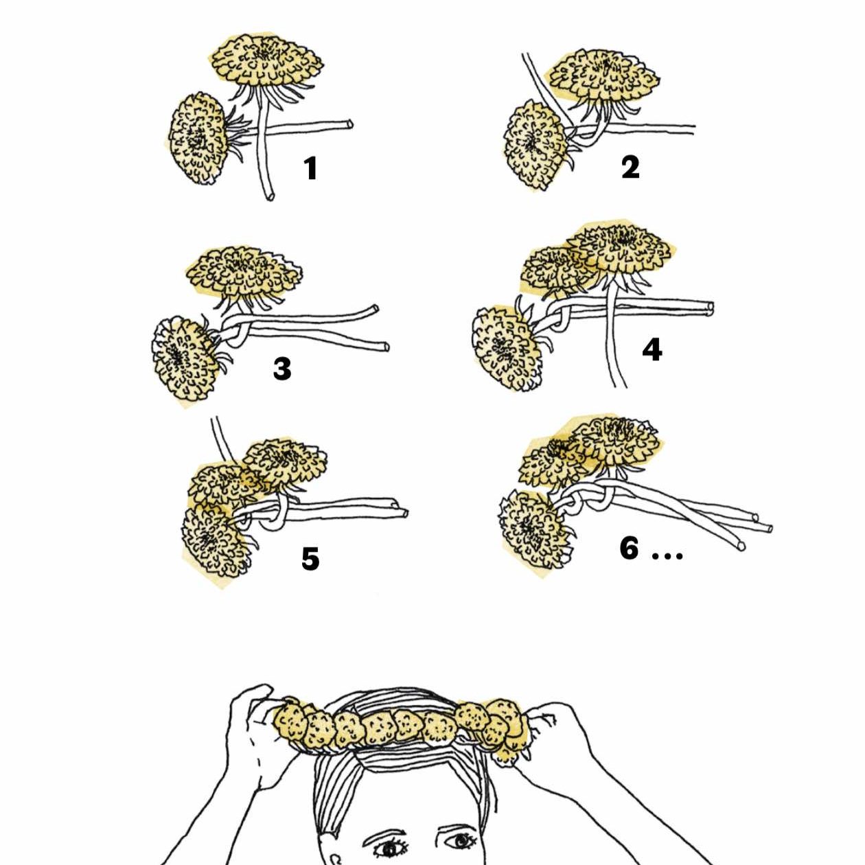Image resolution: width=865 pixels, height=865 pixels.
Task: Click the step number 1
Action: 312,169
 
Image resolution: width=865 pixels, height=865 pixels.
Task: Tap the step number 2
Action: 630,168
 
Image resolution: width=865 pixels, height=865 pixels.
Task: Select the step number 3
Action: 282,369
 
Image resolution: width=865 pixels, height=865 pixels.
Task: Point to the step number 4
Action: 651,350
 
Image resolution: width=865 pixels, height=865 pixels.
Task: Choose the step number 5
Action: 310,560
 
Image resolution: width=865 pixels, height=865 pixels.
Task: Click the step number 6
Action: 629,548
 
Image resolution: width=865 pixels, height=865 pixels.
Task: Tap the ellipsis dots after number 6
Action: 667,555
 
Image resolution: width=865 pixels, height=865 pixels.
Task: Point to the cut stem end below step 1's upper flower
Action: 270,196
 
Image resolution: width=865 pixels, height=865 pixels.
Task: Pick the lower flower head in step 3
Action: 185,359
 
